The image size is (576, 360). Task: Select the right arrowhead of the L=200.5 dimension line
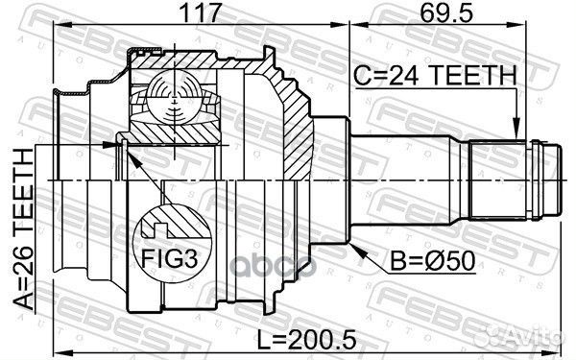[x=558, y=325]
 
